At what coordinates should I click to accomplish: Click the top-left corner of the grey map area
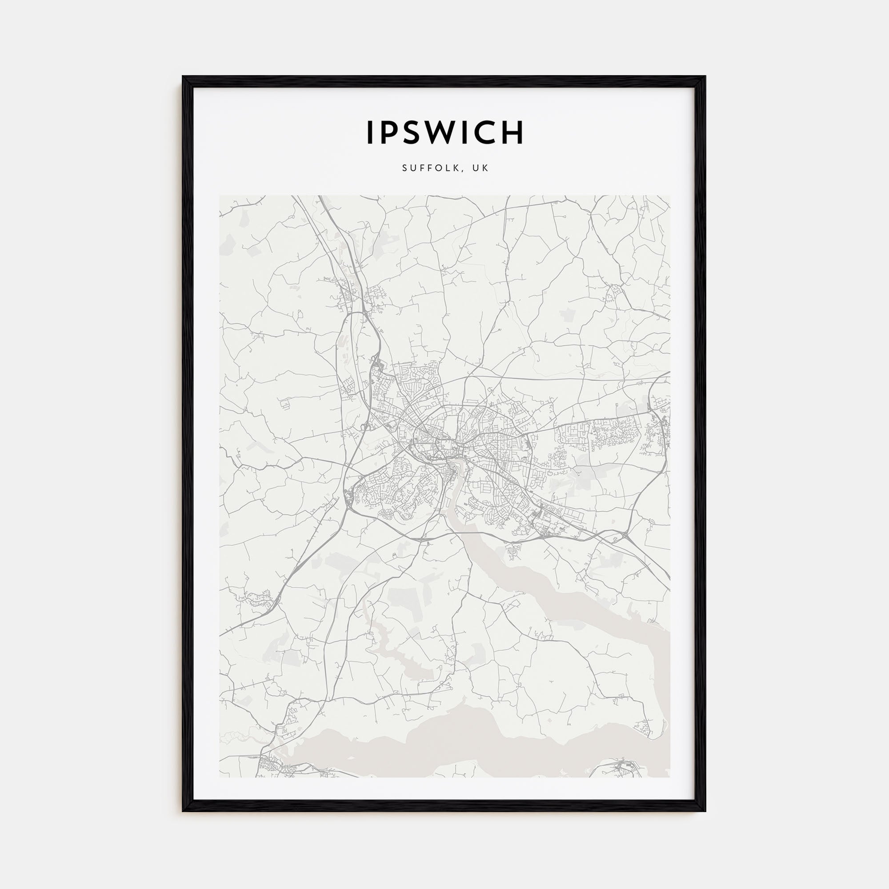point(220,196)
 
